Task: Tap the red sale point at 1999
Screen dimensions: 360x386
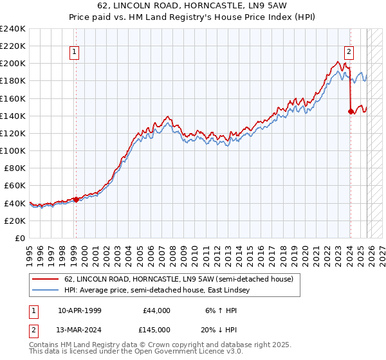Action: tap(76, 199)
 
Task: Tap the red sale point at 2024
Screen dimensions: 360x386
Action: tap(350, 111)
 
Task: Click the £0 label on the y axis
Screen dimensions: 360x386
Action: tap(20, 238)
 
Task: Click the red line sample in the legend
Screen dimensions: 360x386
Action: tap(46, 279)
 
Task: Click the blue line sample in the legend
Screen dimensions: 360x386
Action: tap(46, 291)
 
